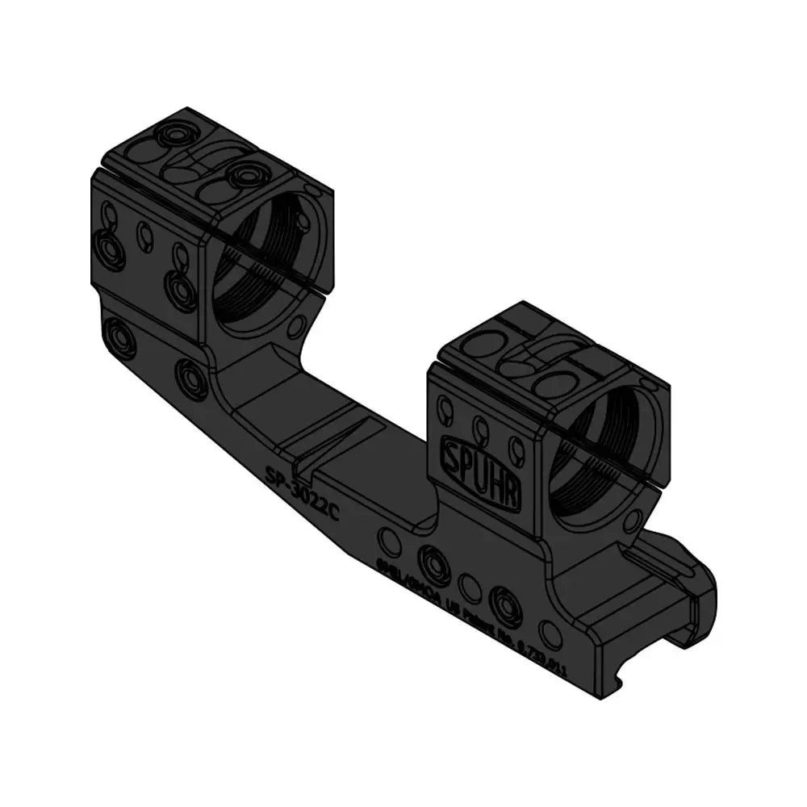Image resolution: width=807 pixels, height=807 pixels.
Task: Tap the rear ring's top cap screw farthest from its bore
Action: coord(172,132)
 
